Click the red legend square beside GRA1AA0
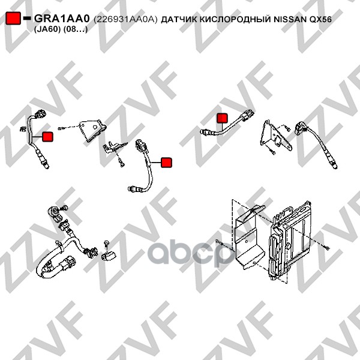[13, 18]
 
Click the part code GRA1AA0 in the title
[62, 19]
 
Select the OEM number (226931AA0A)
[125, 20]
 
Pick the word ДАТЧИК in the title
[179, 20]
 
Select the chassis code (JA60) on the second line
[47, 30]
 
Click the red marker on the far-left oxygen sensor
[48, 137]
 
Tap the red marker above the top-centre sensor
[222, 118]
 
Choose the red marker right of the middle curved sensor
[166, 163]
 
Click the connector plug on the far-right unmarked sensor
[300, 127]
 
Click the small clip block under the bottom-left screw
[108, 256]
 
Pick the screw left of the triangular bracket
[61, 128]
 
